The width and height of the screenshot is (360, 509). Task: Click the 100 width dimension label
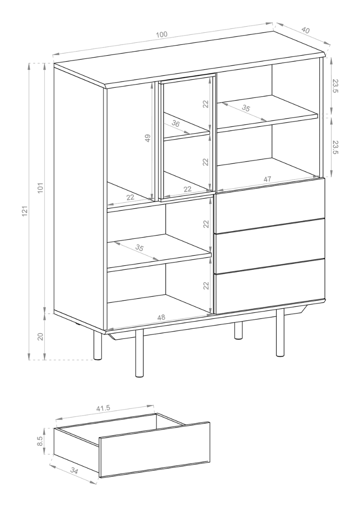click(162, 34)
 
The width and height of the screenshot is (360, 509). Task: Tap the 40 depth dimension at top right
click(305, 30)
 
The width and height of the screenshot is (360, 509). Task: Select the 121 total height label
click(25, 211)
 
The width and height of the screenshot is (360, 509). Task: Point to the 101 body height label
click(40, 187)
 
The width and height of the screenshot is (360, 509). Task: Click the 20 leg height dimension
click(40, 336)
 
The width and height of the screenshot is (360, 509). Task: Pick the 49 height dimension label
click(148, 138)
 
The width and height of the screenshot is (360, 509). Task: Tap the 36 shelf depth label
click(176, 124)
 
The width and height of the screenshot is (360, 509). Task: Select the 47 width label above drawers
click(267, 179)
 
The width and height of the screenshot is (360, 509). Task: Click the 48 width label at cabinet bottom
click(161, 317)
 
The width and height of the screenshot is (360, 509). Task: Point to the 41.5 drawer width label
click(103, 408)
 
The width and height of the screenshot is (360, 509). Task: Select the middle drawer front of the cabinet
click(270, 246)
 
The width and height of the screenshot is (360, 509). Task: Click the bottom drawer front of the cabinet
click(270, 286)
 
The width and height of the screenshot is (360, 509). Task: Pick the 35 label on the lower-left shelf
click(140, 248)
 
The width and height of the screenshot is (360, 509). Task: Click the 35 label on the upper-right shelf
click(246, 108)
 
